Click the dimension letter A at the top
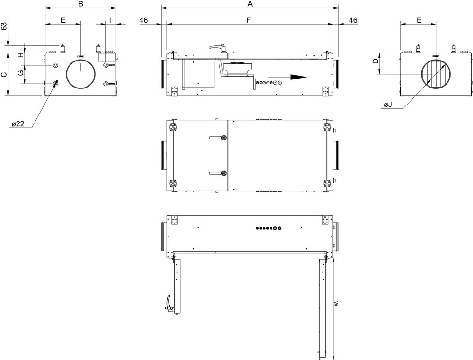coord(250,4)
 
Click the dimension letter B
coord(80,4)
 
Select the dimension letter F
coord(249,20)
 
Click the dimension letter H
coord(20,55)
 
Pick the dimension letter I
coord(110,20)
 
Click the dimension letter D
coord(376,61)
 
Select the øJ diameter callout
coord(388,105)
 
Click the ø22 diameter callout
coord(18,124)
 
